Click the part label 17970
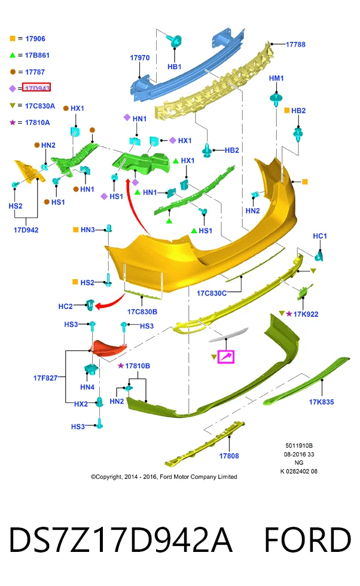click(x=139, y=58)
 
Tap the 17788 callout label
click(x=295, y=44)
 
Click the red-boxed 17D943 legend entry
click(x=36, y=87)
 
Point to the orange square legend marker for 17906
click(x=13, y=38)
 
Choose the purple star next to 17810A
click(x=13, y=122)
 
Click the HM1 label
click(x=276, y=78)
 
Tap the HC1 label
click(x=319, y=236)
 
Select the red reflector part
click(x=109, y=347)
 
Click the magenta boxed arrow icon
click(x=225, y=357)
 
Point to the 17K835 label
click(x=321, y=402)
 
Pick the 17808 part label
click(x=229, y=456)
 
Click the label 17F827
click(x=45, y=378)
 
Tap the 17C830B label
click(x=142, y=312)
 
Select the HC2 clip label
click(x=65, y=306)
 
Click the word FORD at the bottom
click(x=307, y=539)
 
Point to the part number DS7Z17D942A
click(x=120, y=539)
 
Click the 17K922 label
click(x=306, y=315)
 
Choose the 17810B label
click(x=138, y=366)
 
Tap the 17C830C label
click(x=212, y=294)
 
